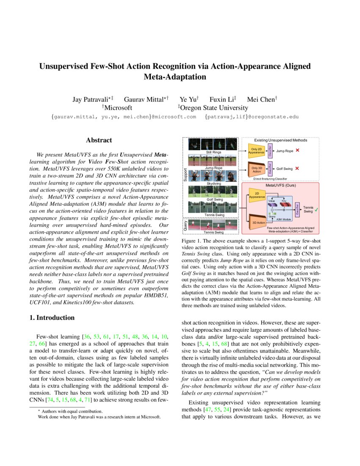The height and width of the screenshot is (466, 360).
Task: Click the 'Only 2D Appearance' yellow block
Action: pyautogui.click(x=255, y=150)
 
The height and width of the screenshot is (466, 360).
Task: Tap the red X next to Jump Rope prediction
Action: pyautogui.click(x=298, y=150)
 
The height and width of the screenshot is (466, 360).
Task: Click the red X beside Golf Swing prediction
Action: pyautogui.click(x=297, y=168)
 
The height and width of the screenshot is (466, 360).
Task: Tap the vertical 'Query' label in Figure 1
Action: pyautogui.click(x=185, y=225)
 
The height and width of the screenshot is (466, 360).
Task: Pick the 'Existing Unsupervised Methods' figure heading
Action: pyautogui.click(x=280, y=140)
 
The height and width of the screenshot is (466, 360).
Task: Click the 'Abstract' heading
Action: pyautogui.click(x=99, y=140)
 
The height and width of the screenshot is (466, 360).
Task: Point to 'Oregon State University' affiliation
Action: pyautogui.click(x=214, y=108)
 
